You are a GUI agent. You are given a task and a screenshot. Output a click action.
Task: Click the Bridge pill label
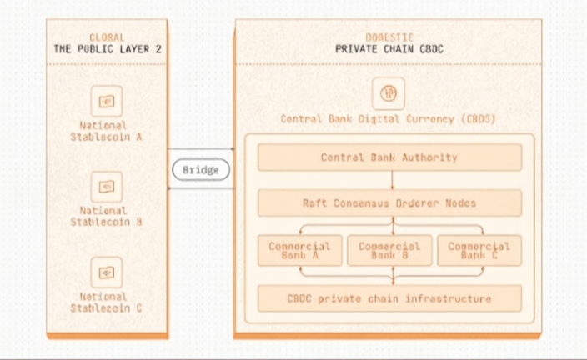pos(201,170)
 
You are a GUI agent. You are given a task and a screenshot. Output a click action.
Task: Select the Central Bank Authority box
pos(389,157)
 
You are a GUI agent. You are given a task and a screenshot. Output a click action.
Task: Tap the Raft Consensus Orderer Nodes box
pos(389,202)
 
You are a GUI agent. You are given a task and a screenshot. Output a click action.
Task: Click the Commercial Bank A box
pos(299,250)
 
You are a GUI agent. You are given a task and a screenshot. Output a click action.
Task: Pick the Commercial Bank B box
pos(389,250)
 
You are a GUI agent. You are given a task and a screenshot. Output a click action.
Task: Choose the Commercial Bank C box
pos(479,250)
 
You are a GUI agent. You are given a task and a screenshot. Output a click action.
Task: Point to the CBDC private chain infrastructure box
pos(389,297)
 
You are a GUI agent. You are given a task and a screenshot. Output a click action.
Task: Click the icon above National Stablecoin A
pos(106,101)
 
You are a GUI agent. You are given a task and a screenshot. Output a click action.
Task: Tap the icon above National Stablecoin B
pos(106,186)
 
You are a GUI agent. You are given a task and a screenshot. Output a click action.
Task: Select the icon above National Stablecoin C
pos(106,272)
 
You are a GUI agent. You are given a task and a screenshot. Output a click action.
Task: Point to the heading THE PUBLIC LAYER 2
pos(108,49)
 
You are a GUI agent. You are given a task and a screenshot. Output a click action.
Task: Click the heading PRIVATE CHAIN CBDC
pos(389,49)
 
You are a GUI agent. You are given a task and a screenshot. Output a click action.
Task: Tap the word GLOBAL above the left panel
pos(107,37)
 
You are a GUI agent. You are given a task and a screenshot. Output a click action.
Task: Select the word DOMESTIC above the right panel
pos(389,37)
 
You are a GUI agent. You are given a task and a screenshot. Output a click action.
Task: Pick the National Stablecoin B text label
pos(106,217)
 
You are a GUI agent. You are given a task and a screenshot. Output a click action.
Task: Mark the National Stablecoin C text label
pos(106,302)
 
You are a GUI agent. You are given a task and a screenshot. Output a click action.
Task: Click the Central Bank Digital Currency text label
pos(389,119)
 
